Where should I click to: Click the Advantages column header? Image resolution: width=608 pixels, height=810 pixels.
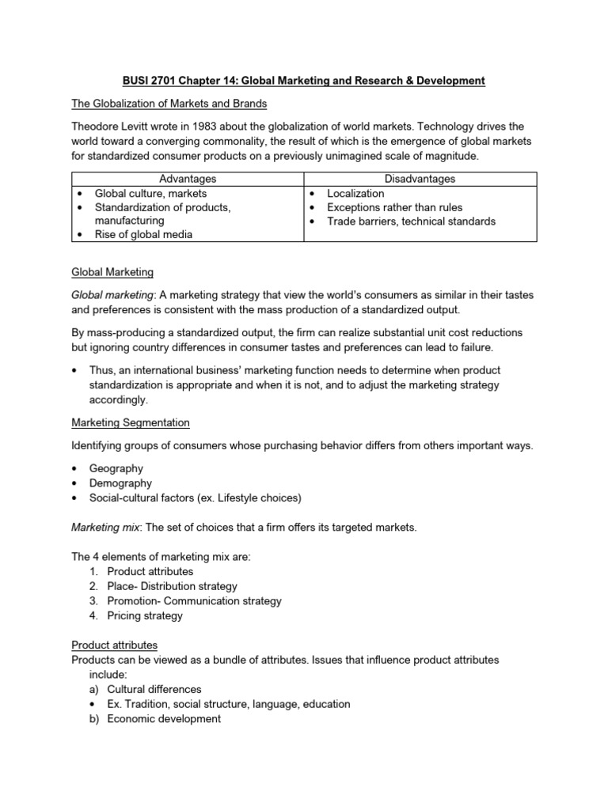[188, 179]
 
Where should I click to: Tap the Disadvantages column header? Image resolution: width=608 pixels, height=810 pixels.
[420, 179]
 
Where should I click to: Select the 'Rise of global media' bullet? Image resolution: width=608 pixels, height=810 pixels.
[144, 235]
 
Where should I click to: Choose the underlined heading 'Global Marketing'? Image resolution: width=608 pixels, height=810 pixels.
[112, 272]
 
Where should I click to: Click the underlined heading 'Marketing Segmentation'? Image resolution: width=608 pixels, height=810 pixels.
[131, 422]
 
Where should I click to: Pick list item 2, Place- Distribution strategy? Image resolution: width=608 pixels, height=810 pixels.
[172, 586]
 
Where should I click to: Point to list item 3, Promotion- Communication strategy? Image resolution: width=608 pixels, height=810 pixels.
[194, 600]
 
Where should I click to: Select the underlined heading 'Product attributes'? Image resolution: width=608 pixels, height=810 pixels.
[115, 645]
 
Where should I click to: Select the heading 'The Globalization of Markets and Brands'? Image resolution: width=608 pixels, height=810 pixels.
[170, 104]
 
